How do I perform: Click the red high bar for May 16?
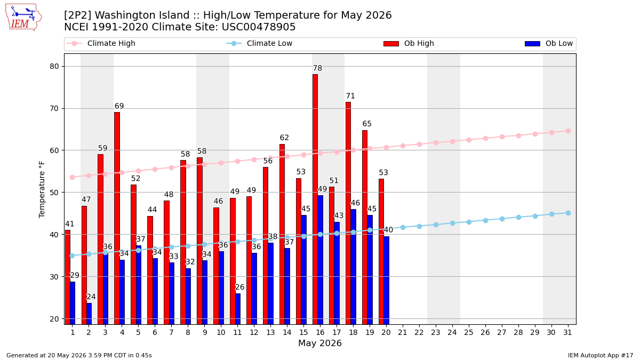coord(315,199)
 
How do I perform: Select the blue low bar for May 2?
coord(89,314)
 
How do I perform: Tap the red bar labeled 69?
coord(117,218)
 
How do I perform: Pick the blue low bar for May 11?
coord(238,309)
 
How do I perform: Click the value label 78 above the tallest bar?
coord(317,68)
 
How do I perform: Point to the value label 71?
coord(350,95)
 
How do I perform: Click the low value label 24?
coord(91,297)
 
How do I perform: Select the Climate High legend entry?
coord(101,43)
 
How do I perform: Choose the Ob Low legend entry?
coord(549,43)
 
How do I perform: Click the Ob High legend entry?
coord(409,43)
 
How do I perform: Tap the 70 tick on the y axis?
coord(54,109)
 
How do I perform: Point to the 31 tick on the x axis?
coord(567,332)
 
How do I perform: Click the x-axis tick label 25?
coord(469,332)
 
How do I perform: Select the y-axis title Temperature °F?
coord(42,189)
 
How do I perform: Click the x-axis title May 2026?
coord(319,343)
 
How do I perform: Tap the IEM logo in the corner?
coord(23,18)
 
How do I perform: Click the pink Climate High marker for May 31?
coord(568,131)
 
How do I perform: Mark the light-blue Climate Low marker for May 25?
coord(469,222)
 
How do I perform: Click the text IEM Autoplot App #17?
coord(601,355)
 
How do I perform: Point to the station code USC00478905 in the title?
coord(259,27)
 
